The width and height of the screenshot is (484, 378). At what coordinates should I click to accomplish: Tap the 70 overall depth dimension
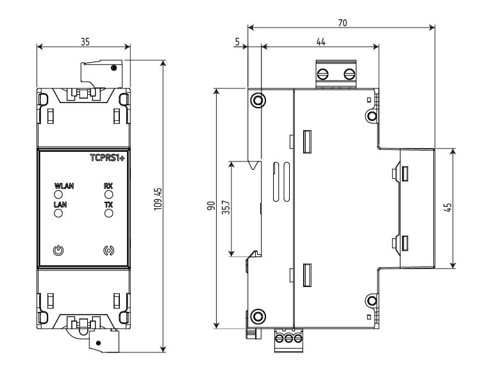pos(342,22)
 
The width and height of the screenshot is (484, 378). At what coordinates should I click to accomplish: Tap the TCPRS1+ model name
pos(108,157)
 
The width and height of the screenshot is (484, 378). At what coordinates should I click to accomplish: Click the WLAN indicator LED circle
pos(58,193)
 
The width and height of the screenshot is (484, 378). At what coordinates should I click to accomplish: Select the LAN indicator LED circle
pos(58,213)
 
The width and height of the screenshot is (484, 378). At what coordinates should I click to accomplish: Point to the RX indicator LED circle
pos(108,193)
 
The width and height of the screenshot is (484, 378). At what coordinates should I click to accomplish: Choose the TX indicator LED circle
pos(108,213)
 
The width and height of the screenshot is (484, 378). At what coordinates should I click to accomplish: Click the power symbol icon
pos(58,250)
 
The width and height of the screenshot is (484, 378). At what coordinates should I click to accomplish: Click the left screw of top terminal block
pos(325,72)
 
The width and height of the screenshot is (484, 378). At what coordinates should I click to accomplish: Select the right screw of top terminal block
pos(349,72)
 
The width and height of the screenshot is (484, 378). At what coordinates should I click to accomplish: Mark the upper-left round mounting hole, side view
pos(258,101)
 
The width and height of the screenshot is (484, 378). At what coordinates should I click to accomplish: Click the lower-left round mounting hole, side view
pos(258,316)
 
